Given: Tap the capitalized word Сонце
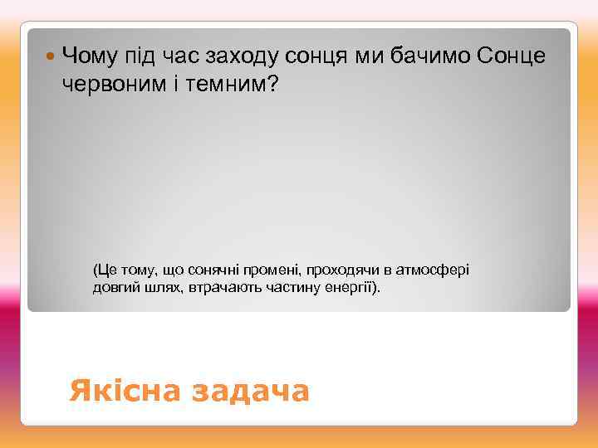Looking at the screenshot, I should click(x=512, y=56).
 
